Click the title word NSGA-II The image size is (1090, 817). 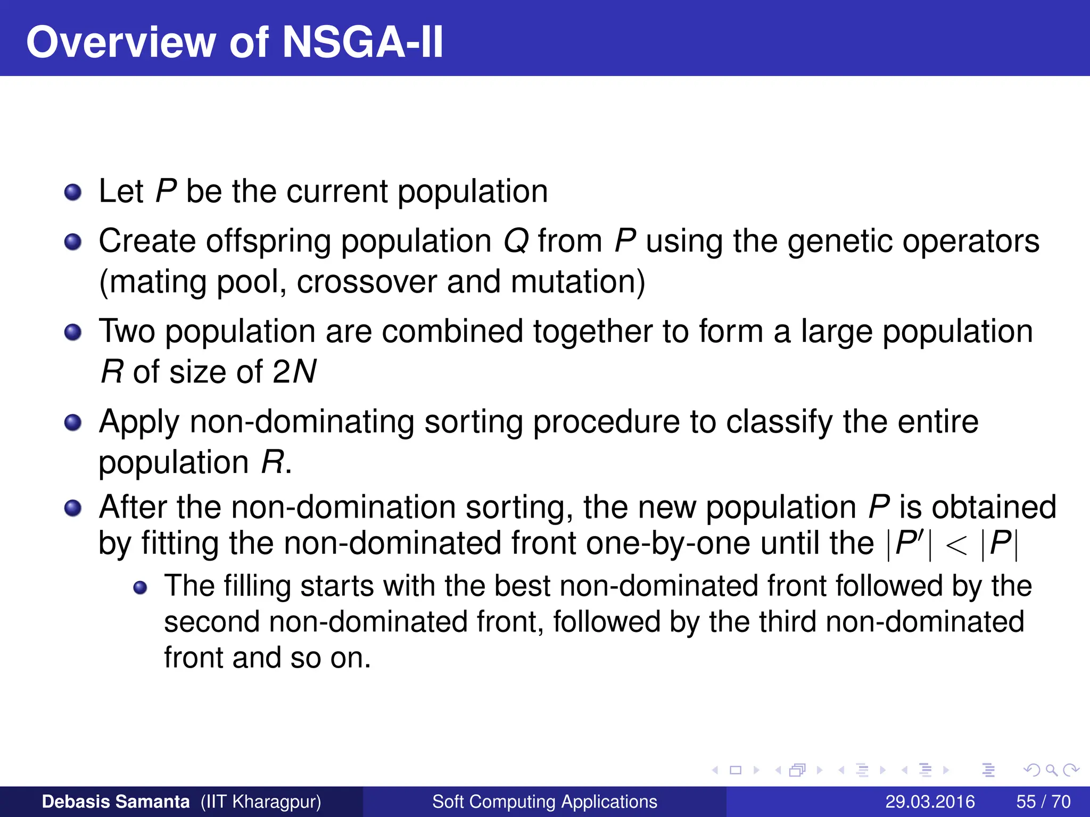coord(362,43)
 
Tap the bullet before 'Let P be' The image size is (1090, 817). coord(73,193)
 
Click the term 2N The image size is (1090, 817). coord(294,371)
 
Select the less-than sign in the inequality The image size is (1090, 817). coord(956,545)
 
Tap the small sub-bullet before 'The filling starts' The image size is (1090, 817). coord(140,588)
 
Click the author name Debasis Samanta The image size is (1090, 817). coord(115,802)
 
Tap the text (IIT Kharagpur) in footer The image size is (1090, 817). coord(261,802)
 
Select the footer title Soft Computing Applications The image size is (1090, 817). coord(544,802)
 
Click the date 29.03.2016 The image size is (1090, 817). coord(930,802)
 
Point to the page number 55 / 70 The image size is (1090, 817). coord(1043,802)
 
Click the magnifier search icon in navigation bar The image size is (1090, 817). coord(1051,770)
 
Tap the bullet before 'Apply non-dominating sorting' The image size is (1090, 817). coord(73,423)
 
